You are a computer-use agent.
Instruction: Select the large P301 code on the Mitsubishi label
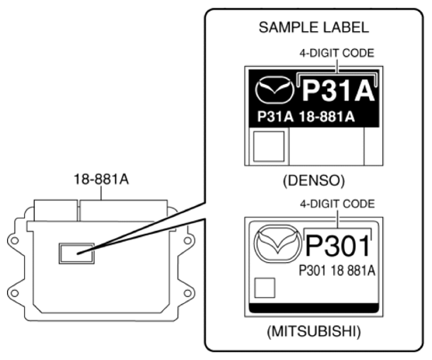(x=340, y=248)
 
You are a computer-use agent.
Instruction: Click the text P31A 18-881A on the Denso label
(x=305, y=117)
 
